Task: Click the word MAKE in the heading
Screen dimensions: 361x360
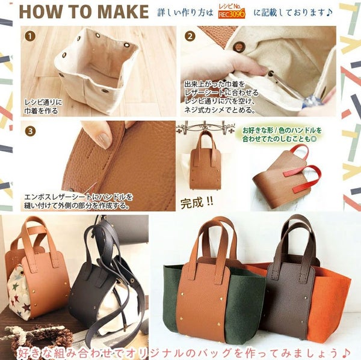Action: (123, 11)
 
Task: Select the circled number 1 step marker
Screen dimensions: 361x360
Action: (30, 37)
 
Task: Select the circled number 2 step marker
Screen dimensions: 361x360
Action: (190, 37)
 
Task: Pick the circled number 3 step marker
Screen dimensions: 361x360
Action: (30, 132)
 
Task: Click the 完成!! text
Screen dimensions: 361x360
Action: (197, 203)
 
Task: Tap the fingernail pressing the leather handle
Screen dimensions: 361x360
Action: (103, 140)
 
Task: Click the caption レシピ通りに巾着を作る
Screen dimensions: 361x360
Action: (43, 106)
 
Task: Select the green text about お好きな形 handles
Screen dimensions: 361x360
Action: (282, 135)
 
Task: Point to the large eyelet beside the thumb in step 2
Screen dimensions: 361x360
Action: (238, 46)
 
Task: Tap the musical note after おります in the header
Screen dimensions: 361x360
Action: (329, 13)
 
